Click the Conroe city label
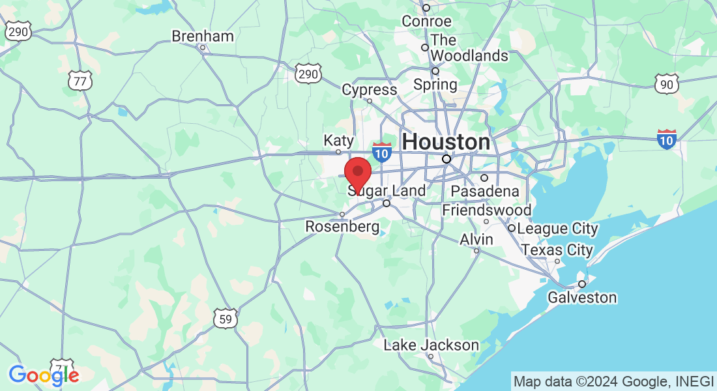426,21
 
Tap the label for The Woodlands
469,48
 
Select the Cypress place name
370,89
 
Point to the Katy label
339,141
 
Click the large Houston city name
446,141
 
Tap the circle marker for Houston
446,159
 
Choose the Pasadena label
485,191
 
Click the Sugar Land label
387,191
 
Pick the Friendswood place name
486,210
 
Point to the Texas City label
557,250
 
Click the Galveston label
582,298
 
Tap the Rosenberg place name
343,227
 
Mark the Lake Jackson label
431,345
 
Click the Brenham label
203,36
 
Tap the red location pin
357,173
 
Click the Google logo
44,375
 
